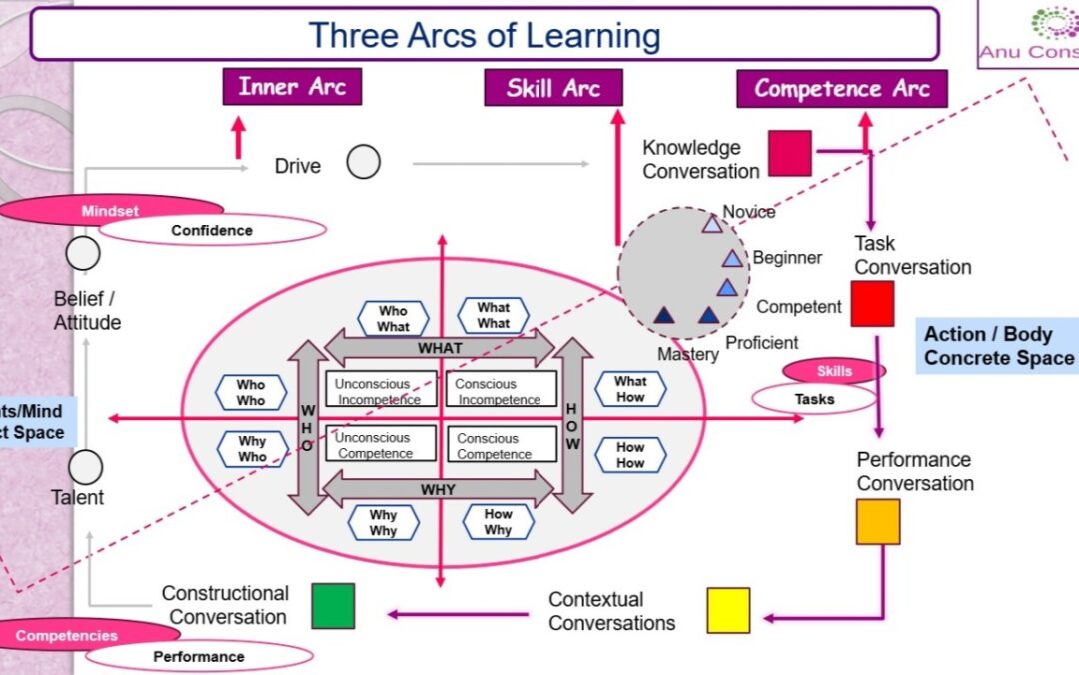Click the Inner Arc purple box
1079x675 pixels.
[292, 87]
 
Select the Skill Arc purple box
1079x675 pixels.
[553, 88]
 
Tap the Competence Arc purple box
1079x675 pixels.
[841, 89]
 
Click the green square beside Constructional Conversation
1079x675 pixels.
[333, 606]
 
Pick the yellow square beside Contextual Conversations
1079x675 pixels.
[728, 610]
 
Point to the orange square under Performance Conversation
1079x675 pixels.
[878, 521]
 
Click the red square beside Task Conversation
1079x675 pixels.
[872, 304]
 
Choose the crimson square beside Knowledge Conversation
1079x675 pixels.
[790, 153]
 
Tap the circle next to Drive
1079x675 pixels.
[364, 162]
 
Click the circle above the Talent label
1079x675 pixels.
[86, 467]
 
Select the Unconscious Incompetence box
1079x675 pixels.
[381, 390]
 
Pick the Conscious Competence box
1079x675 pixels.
[502, 445]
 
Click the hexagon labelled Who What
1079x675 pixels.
[393, 319]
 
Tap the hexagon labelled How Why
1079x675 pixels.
[498, 522]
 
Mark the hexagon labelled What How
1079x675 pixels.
[630, 389]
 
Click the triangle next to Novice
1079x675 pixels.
[711, 223]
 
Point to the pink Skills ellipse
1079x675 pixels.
[834, 371]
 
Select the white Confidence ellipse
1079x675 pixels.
[212, 231]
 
